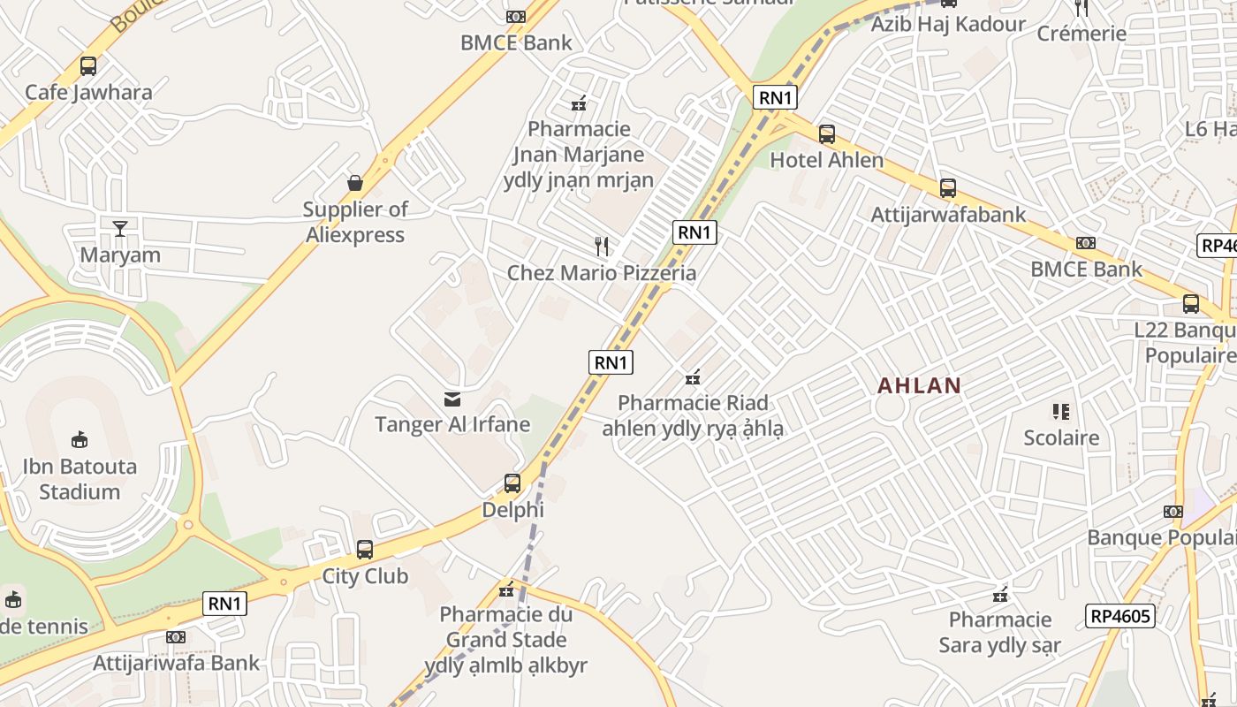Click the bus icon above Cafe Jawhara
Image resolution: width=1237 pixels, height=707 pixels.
coord(88,65)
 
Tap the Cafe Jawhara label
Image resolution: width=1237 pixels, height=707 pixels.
coord(88,92)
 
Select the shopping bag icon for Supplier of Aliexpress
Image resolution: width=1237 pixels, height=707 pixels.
coord(355,183)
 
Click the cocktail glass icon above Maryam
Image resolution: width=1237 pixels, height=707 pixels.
coord(120,229)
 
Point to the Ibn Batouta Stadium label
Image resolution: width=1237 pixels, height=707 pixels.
coord(80,478)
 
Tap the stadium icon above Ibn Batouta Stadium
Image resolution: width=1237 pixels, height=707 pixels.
coord(80,439)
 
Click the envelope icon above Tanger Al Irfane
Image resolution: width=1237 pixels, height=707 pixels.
coord(452,399)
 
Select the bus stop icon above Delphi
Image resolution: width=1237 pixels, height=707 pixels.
coord(512,483)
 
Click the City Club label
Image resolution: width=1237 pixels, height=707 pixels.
coord(365,576)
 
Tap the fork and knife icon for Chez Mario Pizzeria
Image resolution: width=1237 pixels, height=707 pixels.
coord(602,246)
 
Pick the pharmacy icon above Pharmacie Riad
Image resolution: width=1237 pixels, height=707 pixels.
coord(693,377)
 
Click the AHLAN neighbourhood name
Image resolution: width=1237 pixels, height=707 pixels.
coord(919,385)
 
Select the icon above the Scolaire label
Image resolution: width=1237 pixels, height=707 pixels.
coord(1060,411)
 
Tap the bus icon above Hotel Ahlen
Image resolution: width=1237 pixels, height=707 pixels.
coord(827,134)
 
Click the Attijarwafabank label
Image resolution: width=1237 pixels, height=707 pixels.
coord(949,215)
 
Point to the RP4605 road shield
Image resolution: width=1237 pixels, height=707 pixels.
coord(1120,615)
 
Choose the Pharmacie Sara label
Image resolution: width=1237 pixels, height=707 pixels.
coord(999,632)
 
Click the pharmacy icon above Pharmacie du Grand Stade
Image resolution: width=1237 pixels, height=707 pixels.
coord(506,589)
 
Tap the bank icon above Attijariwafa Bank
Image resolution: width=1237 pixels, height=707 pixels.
coord(176,637)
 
